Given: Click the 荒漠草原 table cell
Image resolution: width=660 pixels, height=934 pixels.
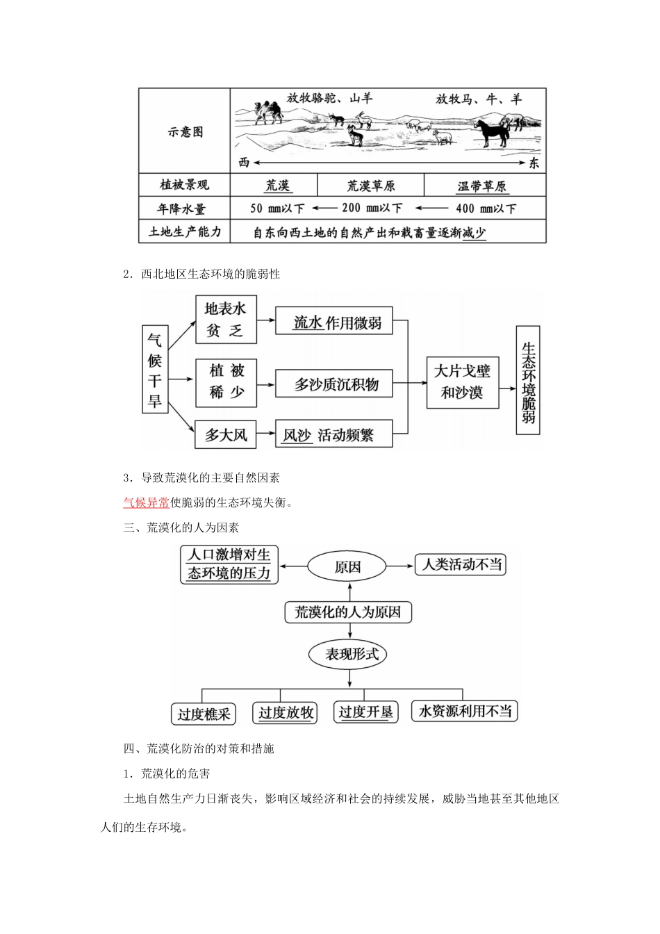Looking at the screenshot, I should tap(371, 186).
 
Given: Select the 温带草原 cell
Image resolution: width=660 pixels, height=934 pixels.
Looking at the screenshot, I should tap(481, 186).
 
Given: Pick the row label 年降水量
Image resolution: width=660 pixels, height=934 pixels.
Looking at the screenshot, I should tap(183, 208).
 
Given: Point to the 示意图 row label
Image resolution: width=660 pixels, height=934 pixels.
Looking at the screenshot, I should tap(185, 132).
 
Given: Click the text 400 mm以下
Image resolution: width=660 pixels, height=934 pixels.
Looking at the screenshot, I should tap(486, 208).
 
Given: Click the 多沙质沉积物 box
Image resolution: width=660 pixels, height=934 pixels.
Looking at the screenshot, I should tap(336, 384).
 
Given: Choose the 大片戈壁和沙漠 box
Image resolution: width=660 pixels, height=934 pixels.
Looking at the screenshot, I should tap(461, 382).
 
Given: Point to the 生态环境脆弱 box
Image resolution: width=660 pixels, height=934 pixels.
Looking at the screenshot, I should tap(528, 382).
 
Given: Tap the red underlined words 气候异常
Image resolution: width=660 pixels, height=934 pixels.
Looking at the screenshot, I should tap(146, 502).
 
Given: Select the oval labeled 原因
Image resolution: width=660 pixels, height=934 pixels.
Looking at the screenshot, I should tap(347, 566).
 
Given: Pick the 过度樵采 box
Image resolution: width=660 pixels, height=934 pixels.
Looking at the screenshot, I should tap(204, 714).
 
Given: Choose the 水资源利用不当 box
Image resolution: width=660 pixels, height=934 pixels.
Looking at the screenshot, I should tap(465, 711).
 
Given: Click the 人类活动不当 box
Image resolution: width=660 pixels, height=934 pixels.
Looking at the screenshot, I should tap(461, 564).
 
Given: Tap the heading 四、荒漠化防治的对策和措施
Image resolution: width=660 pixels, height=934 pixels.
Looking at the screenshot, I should tap(199, 748).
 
